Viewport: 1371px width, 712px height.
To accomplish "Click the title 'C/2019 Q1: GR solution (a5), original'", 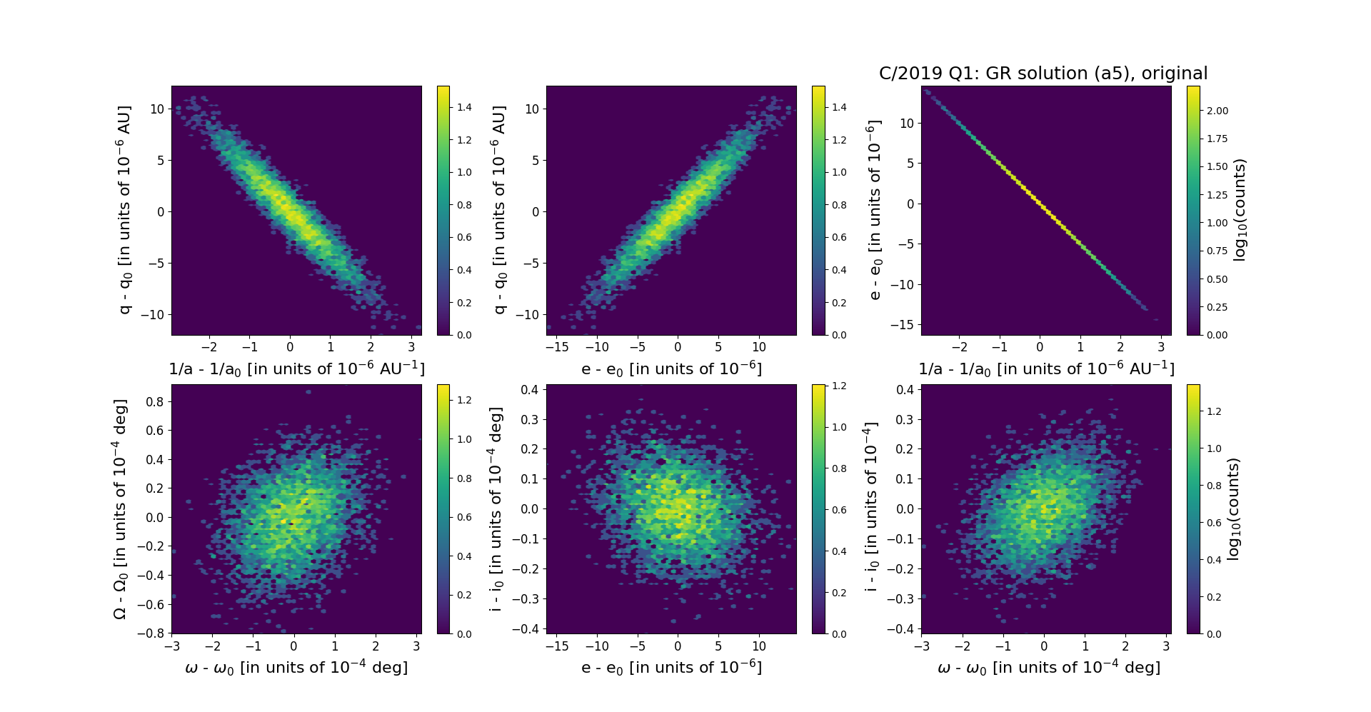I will [x=1043, y=74].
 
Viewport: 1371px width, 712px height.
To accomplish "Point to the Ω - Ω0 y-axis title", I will [x=120, y=508].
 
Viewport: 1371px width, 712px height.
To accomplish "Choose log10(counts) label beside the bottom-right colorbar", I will [x=1232, y=508].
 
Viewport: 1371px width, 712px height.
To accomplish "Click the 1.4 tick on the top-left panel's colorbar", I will [x=464, y=107].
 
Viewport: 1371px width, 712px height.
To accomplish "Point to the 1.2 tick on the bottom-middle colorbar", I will [x=839, y=386].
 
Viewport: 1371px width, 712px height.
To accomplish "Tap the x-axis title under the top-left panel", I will [x=296, y=368].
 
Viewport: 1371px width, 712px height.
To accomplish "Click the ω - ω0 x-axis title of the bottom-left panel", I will [x=296, y=667].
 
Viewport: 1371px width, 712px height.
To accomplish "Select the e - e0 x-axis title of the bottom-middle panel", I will [x=671, y=667].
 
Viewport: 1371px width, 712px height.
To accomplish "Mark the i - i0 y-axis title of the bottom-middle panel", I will [x=496, y=508].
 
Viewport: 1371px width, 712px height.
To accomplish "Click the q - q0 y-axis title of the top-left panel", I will [x=124, y=210].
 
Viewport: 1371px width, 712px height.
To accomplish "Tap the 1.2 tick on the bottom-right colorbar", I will [x=1214, y=411].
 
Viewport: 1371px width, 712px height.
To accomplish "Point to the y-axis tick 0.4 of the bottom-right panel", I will [x=904, y=389].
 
